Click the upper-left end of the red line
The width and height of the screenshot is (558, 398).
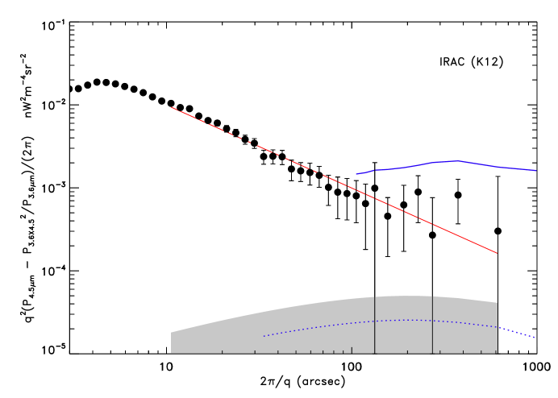pyautogui.click(x=171, y=107)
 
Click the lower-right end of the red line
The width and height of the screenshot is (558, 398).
pyautogui.click(x=497, y=253)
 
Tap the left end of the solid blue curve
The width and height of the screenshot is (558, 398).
pyautogui.click(x=356, y=174)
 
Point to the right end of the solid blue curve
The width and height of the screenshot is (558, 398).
pyautogui.click(x=535, y=171)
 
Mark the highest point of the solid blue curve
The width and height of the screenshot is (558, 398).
pyautogui.click(x=456, y=161)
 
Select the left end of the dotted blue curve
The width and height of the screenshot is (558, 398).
pyautogui.click(x=264, y=336)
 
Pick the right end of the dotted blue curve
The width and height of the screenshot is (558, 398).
pyautogui.click(x=535, y=338)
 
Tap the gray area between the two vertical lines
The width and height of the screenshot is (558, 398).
pyautogui.click(x=403, y=338)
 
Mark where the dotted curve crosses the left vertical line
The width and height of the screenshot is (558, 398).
pyautogui.click(x=374, y=321)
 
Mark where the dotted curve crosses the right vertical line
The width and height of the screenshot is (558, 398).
pyautogui.click(x=432, y=321)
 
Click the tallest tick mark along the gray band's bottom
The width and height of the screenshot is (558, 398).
pyautogui.click(x=352, y=350)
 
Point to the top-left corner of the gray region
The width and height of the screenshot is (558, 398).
pyautogui.click(x=171, y=332)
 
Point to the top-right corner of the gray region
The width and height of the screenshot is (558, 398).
pyautogui.click(x=497, y=302)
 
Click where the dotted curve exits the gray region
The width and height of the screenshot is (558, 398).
pyautogui.click(x=497, y=327)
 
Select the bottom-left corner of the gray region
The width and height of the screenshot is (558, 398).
pyautogui.click(x=171, y=353)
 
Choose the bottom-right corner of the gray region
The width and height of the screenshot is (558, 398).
pyautogui.click(x=497, y=353)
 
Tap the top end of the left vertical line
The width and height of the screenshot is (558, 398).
pyautogui.click(x=374, y=296)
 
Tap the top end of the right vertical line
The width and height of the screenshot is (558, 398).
pyautogui.click(x=432, y=296)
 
